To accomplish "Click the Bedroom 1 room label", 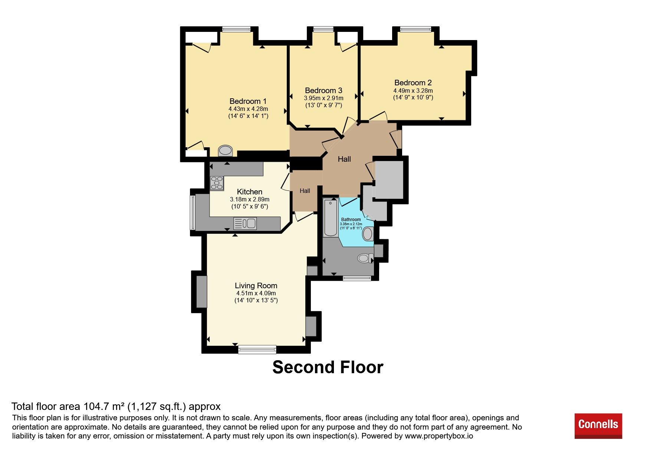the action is pyautogui.click(x=248, y=101).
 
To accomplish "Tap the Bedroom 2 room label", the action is pyautogui.click(x=413, y=83).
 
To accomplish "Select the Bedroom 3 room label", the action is pyautogui.click(x=323, y=91).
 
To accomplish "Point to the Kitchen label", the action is pyautogui.click(x=249, y=192).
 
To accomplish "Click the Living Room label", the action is pyautogui.click(x=256, y=286).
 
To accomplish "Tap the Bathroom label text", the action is pyautogui.click(x=351, y=220).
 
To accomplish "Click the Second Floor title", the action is pyautogui.click(x=328, y=367).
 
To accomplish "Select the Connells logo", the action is pyautogui.click(x=598, y=426).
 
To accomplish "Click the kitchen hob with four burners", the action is pyautogui.click(x=217, y=183).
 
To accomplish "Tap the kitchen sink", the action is pyautogui.click(x=245, y=223).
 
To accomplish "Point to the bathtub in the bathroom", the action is pyautogui.click(x=330, y=218).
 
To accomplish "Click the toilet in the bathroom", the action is pyautogui.click(x=365, y=258).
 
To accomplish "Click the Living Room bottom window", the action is pyautogui.click(x=257, y=349).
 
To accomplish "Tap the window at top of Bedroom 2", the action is pyautogui.click(x=415, y=29).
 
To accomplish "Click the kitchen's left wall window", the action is pyautogui.click(x=193, y=213).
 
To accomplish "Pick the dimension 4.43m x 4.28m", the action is pyautogui.click(x=248, y=109).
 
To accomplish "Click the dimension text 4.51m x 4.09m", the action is pyautogui.click(x=256, y=293).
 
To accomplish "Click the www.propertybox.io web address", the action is pyautogui.click(x=439, y=436).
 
